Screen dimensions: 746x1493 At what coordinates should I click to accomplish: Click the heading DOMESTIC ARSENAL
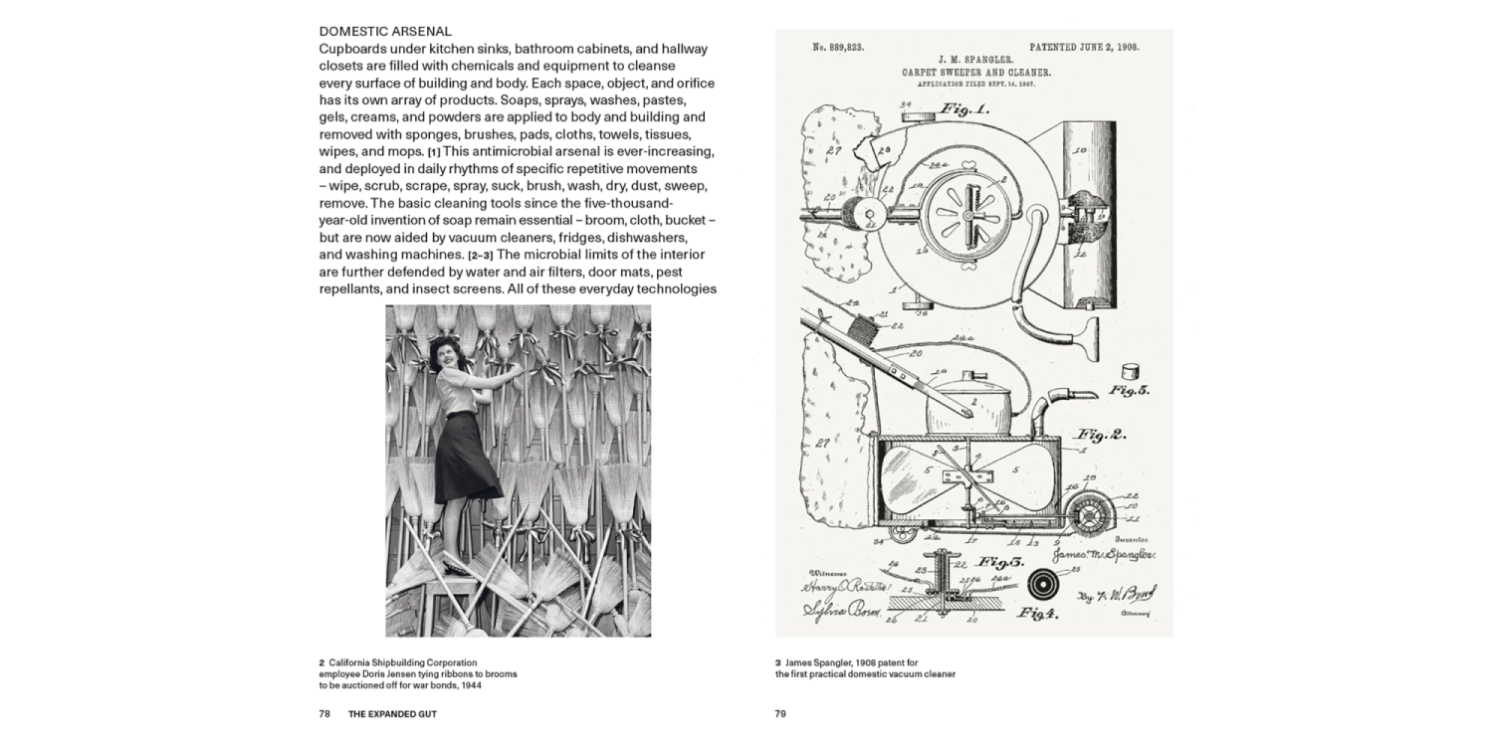pyautogui.click(x=385, y=32)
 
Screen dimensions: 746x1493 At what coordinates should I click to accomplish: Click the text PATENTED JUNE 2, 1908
pyautogui.click(x=1085, y=47)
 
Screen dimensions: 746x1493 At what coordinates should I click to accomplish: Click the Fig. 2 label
pyautogui.click(x=1100, y=435)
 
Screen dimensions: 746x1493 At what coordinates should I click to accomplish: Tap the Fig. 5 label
pyautogui.click(x=1129, y=390)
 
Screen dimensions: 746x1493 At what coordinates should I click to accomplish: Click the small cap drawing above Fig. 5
pyautogui.click(x=1128, y=365)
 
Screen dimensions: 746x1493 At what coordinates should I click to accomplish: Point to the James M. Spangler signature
pyautogui.click(x=1098, y=555)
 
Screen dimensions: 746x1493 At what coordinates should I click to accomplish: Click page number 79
pyautogui.click(x=781, y=713)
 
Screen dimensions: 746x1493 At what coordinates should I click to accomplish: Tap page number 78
pyautogui.click(x=324, y=713)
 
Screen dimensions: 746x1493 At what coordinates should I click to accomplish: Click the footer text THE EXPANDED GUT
pyautogui.click(x=392, y=713)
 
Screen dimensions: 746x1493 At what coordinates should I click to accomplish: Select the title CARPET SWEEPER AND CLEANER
pyautogui.click(x=976, y=73)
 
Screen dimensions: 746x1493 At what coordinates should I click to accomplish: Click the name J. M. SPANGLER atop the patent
pyautogui.click(x=976, y=61)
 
